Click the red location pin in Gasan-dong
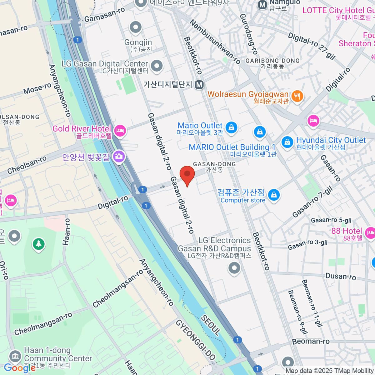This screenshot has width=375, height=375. [x=187, y=174]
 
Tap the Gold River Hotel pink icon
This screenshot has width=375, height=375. [x=120, y=130]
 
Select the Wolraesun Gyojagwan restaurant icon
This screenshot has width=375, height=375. [x=297, y=96]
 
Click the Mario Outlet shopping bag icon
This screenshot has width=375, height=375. [x=231, y=127]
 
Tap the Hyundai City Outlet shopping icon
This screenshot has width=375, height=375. [x=287, y=142]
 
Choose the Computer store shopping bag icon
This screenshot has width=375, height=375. [x=274, y=195]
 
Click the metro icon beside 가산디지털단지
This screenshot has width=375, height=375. [x=199, y=85]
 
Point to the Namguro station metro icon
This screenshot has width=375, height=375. [x=262, y=4]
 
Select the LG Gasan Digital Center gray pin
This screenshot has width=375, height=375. [x=157, y=66]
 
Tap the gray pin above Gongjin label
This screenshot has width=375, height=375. [x=136, y=27]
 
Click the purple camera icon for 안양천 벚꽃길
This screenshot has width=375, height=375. [x=119, y=156]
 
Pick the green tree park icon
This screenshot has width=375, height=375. [x=39, y=243]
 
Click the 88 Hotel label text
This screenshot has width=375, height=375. [x=347, y=231]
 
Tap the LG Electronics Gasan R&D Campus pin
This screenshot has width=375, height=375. [x=234, y=268]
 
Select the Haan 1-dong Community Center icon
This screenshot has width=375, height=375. [x=15, y=356]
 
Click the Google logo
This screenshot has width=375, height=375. [x=19, y=368]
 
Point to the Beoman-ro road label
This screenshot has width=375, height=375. [x=311, y=341]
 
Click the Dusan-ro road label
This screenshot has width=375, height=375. [x=341, y=276]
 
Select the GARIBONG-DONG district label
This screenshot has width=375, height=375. [x=272, y=61]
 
